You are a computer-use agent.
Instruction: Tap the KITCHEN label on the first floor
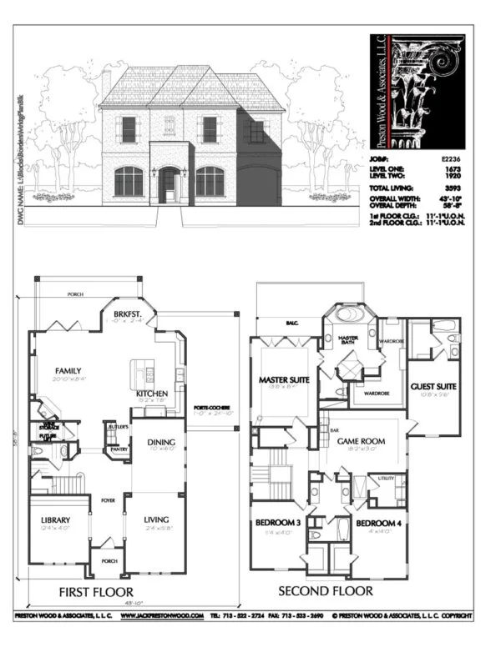[153, 393]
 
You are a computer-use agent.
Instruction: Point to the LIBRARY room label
[55, 520]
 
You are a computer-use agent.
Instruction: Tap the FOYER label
[107, 503]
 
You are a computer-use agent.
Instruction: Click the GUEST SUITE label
[433, 387]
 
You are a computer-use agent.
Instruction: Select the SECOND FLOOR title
[326, 591]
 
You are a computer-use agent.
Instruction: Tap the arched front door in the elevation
[169, 183]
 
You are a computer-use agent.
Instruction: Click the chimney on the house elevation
[106, 81]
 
